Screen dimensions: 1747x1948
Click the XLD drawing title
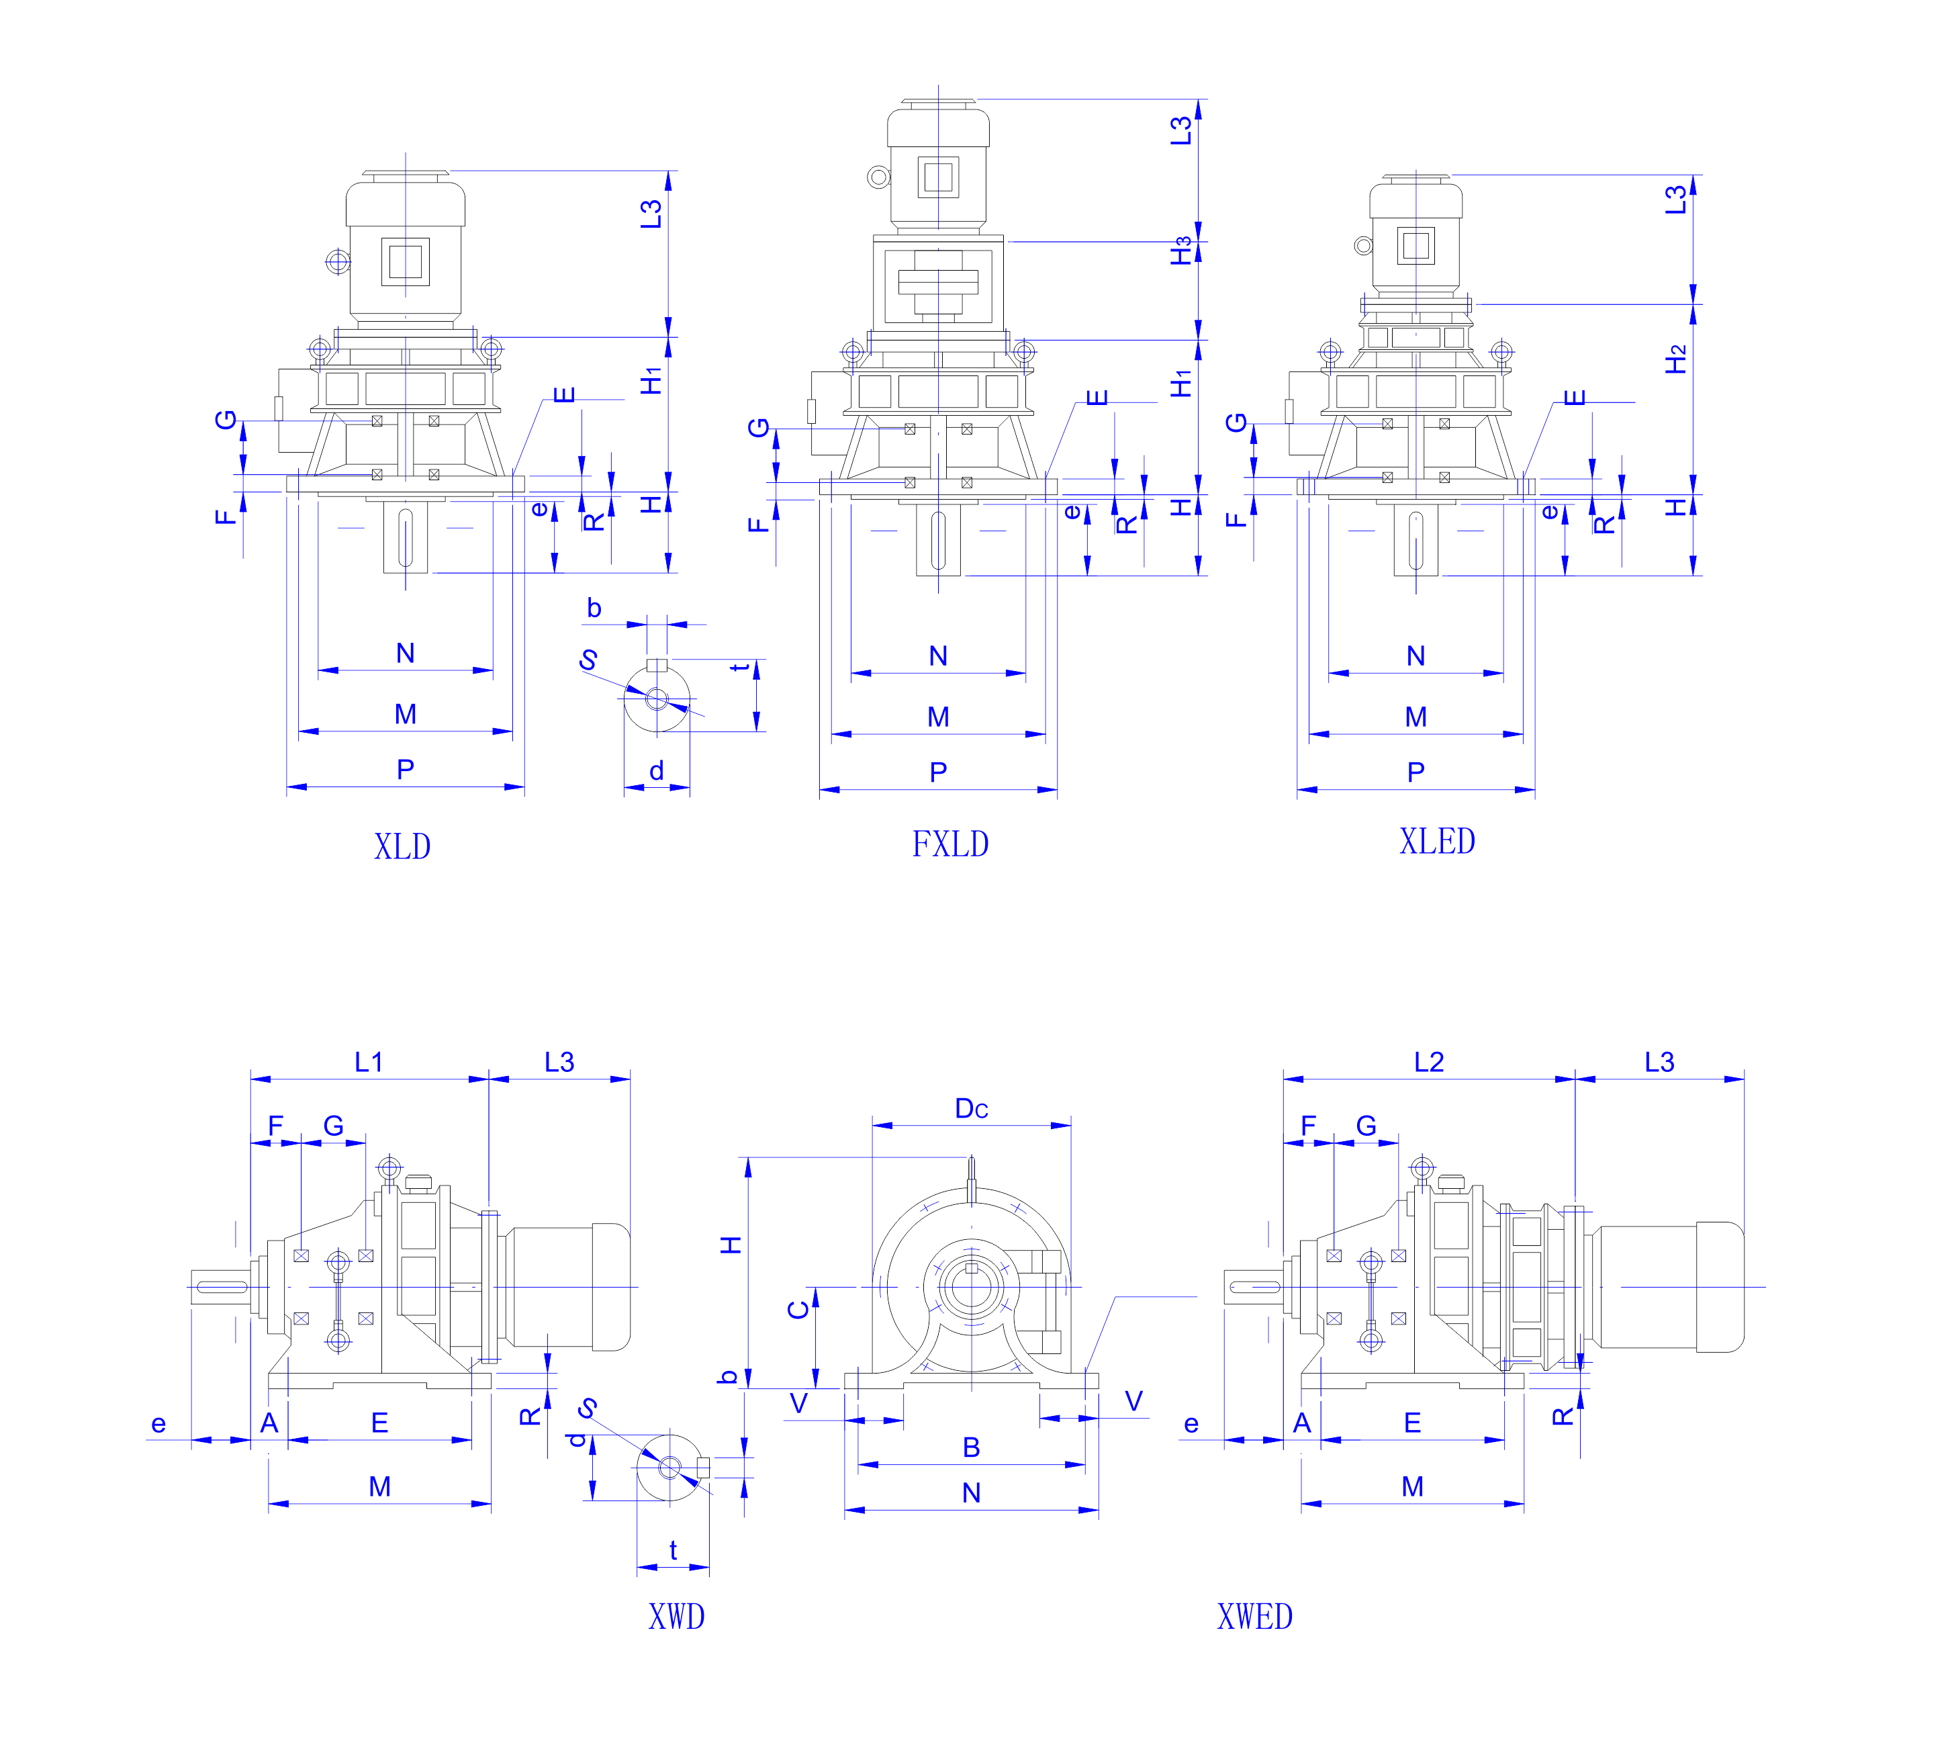(x=402, y=846)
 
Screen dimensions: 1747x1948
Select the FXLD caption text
(x=950, y=844)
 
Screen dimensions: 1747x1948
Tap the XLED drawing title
(x=1436, y=841)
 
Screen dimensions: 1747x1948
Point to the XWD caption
(x=676, y=1617)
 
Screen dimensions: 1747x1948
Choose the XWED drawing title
(x=1254, y=1617)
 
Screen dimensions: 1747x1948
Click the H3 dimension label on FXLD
(x=1180, y=251)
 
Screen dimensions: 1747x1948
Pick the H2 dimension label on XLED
(x=1675, y=359)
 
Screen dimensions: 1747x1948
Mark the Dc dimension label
(x=971, y=1109)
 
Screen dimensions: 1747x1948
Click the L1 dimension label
(x=369, y=1062)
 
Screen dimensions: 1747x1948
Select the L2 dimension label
(x=1429, y=1062)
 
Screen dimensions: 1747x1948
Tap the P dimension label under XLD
(x=405, y=769)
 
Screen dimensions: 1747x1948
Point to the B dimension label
(x=971, y=1447)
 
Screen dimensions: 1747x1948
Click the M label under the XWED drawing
(x=1411, y=1486)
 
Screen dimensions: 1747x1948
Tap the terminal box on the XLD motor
(x=405, y=261)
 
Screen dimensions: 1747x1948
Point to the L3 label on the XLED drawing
(x=1675, y=199)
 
